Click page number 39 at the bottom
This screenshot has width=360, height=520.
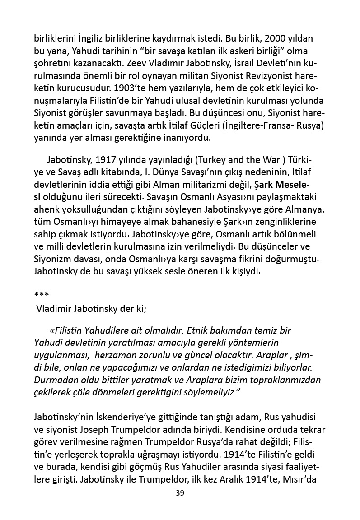point(180,493)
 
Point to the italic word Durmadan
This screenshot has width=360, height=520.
point(54,380)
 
